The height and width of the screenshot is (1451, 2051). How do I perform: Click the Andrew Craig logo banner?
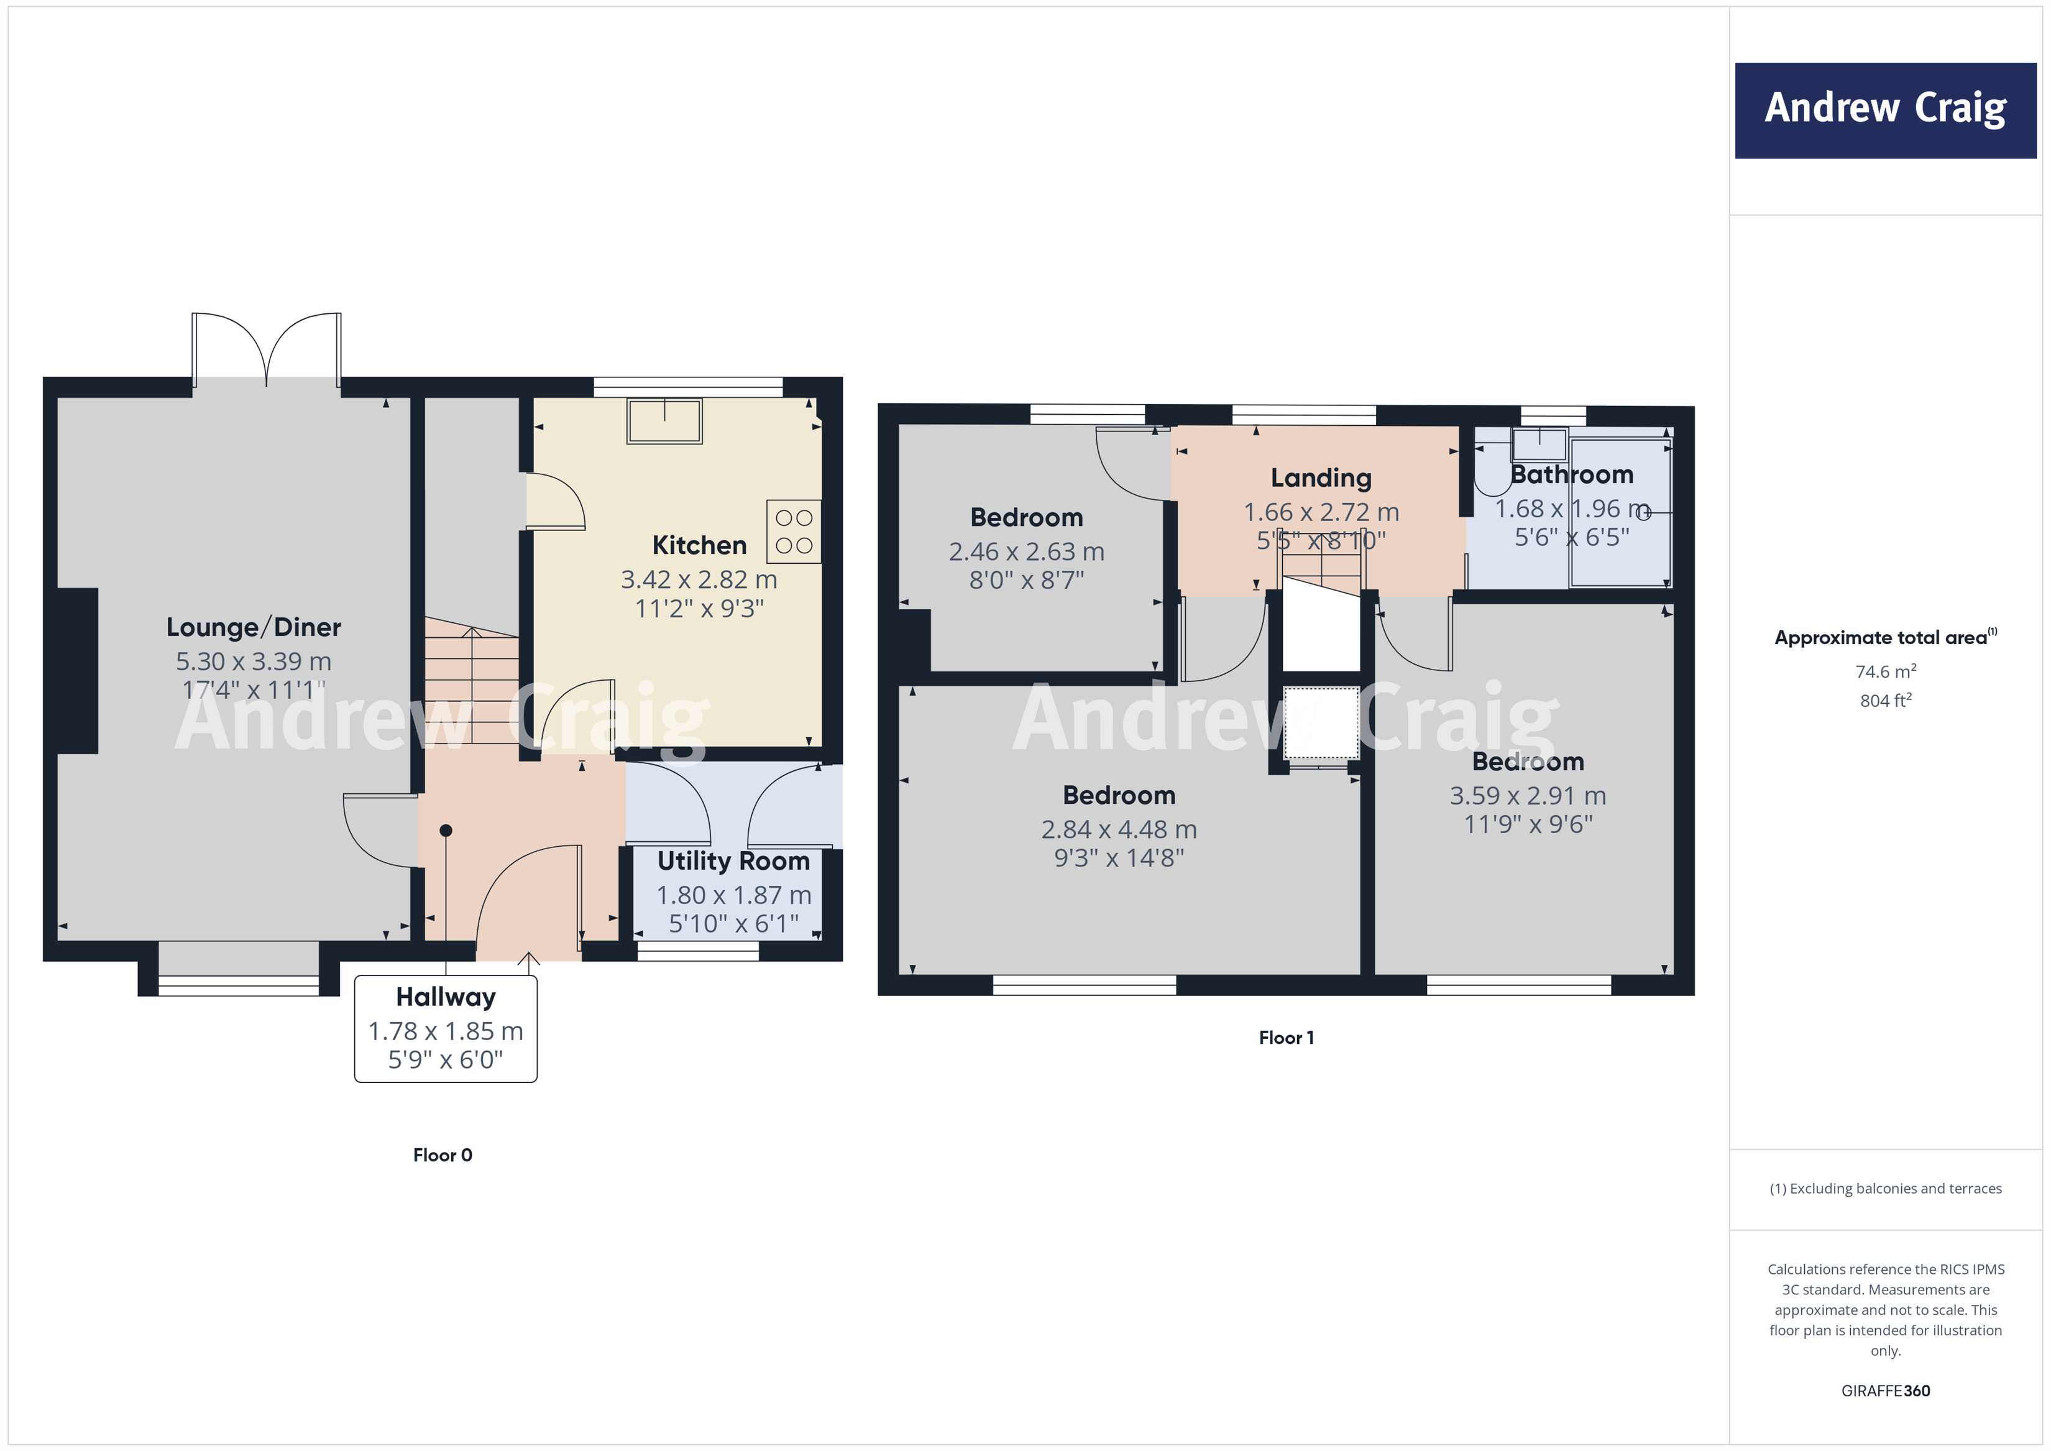click(x=1885, y=110)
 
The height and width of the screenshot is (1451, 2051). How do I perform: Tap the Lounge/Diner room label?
click(x=254, y=627)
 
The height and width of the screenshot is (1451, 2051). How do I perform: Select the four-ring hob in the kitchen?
click(x=793, y=532)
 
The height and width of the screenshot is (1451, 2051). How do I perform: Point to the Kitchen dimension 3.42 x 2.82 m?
click(x=699, y=580)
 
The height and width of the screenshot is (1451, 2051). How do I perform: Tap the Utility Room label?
click(x=733, y=861)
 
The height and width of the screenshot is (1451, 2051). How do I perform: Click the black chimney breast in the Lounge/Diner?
click(x=78, y=670)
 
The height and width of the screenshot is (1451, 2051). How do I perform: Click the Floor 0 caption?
click(x=442, y=1155)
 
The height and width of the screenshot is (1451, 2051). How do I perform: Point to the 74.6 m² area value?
click(x=1885, y=671)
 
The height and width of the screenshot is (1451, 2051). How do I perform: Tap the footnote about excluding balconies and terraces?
click(x=1885, y=1188)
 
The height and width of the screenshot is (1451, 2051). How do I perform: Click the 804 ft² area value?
click(x=1885, y=701)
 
